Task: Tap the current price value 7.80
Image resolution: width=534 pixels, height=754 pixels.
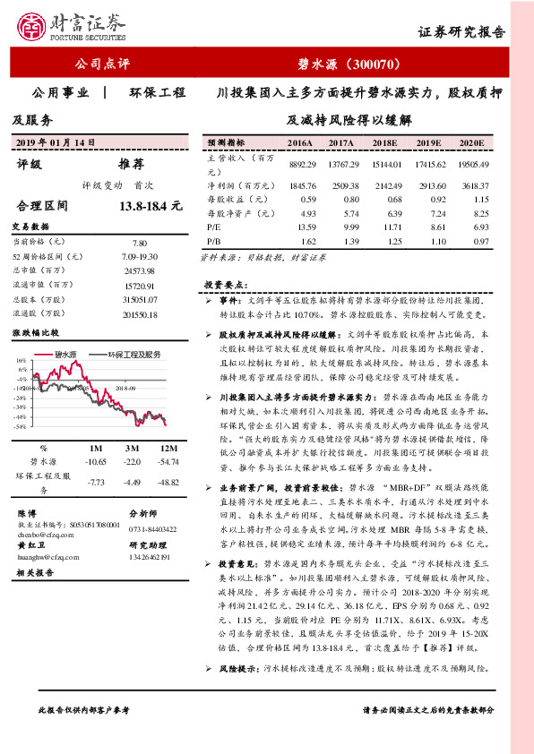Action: (x=139, y=243)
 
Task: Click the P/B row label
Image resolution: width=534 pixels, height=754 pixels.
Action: (x=213, y=242)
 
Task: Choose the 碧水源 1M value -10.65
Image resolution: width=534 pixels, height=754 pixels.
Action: (x=94, y=460)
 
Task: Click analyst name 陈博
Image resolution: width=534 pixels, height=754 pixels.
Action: (x=27, y=513)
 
